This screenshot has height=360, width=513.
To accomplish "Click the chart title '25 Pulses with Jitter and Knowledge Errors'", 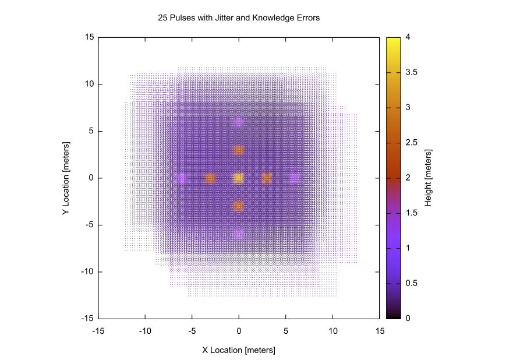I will coord(239,18).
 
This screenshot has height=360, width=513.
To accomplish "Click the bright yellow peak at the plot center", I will coord(239,178).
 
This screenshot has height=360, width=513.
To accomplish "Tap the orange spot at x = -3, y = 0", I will coord(210,178).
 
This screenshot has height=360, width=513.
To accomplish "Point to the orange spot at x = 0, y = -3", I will coord(239,206).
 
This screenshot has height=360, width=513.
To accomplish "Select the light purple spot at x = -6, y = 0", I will coord(182,178).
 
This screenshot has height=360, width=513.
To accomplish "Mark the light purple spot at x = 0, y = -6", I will coord(239,234).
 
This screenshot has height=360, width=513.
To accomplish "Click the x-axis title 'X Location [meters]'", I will coord(239,350).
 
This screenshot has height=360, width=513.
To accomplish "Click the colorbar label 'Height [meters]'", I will coord(428,178).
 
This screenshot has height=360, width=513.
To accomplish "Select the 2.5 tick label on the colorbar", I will coord(411,143).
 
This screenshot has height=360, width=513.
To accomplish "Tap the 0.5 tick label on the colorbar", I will coord(411,283).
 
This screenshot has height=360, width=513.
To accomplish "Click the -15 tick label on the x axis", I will coord(98,331).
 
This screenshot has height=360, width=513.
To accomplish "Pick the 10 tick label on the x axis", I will coord(332,331).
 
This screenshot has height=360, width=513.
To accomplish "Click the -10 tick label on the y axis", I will coord(87,271).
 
